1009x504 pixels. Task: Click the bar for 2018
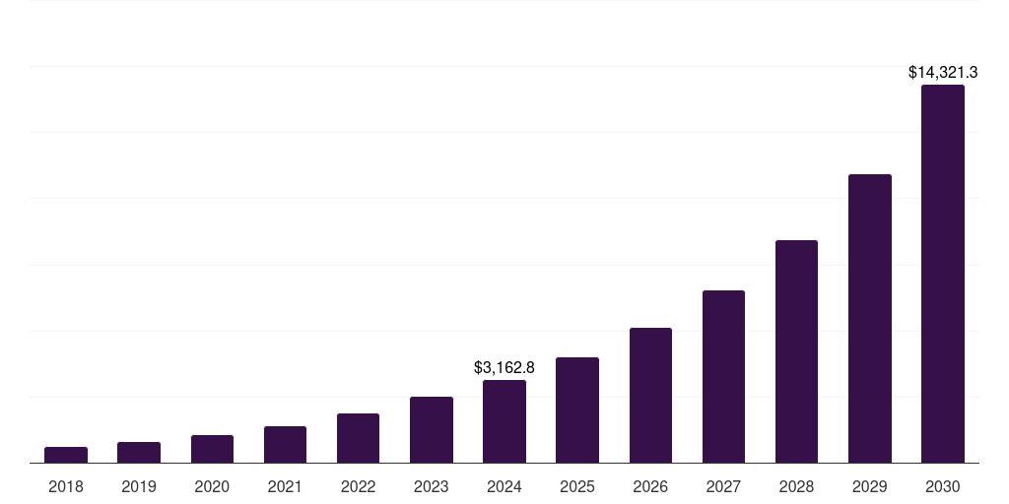(66, 455)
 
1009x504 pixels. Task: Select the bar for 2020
(212, 449)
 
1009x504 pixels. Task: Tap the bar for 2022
(358, 438)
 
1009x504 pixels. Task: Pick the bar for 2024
(504, 421)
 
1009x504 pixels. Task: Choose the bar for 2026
(650, 395)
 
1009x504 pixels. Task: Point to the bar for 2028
(796, 351)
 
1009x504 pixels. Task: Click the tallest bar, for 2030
(943, 274)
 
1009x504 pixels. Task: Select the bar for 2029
(870, 318)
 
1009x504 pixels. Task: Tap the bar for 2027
(723, 376)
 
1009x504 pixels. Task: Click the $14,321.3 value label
(943, 72)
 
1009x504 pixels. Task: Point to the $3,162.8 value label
(504, 367)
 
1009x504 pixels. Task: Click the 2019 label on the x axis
(139, 486)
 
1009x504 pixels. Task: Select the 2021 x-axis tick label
(285, 486)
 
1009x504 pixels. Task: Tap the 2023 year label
(432, 486)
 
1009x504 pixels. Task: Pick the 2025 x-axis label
(577, 486)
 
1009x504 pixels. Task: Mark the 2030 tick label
(943, 486)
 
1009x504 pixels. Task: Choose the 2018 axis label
(66, 486)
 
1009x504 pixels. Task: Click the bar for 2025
(577, 409)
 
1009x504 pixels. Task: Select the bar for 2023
(432, 429)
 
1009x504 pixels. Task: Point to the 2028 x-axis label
(796, 486)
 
